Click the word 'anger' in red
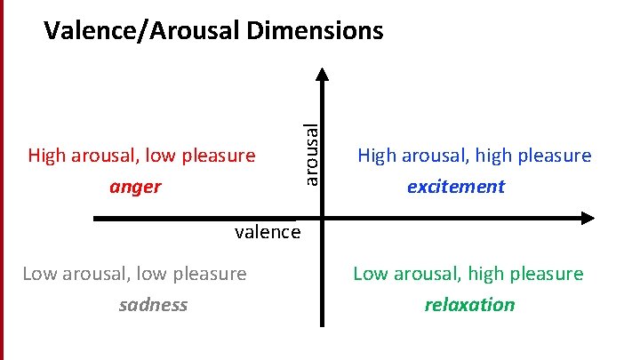coord(135,187)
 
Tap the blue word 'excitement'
coord(455,187)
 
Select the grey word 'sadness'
coord(153,305)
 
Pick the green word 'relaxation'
coord(469,305)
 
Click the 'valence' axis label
coord(268,233)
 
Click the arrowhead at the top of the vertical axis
coord(324,76)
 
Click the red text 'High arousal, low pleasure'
coord(141,156)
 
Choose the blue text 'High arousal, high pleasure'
coord(474,156)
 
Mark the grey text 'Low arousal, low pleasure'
coord(134,274)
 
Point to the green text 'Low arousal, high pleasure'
coord(468,274)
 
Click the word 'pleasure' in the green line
coord(545,274)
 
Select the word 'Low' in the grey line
coord(38,274)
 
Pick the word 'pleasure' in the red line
coord(218,156)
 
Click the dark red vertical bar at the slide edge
coord(2,178)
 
